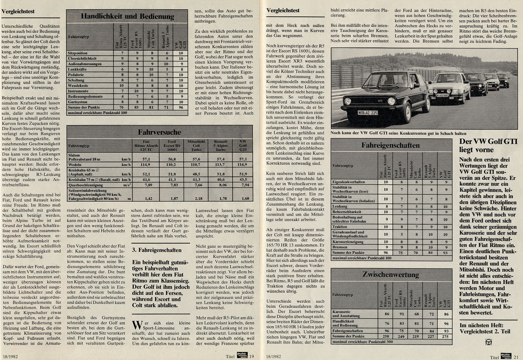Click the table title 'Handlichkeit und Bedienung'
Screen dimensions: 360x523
(x=127, y=16)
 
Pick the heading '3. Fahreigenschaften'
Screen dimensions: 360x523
(x=156, y=250)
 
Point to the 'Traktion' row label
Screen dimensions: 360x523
(x=340, y=227)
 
